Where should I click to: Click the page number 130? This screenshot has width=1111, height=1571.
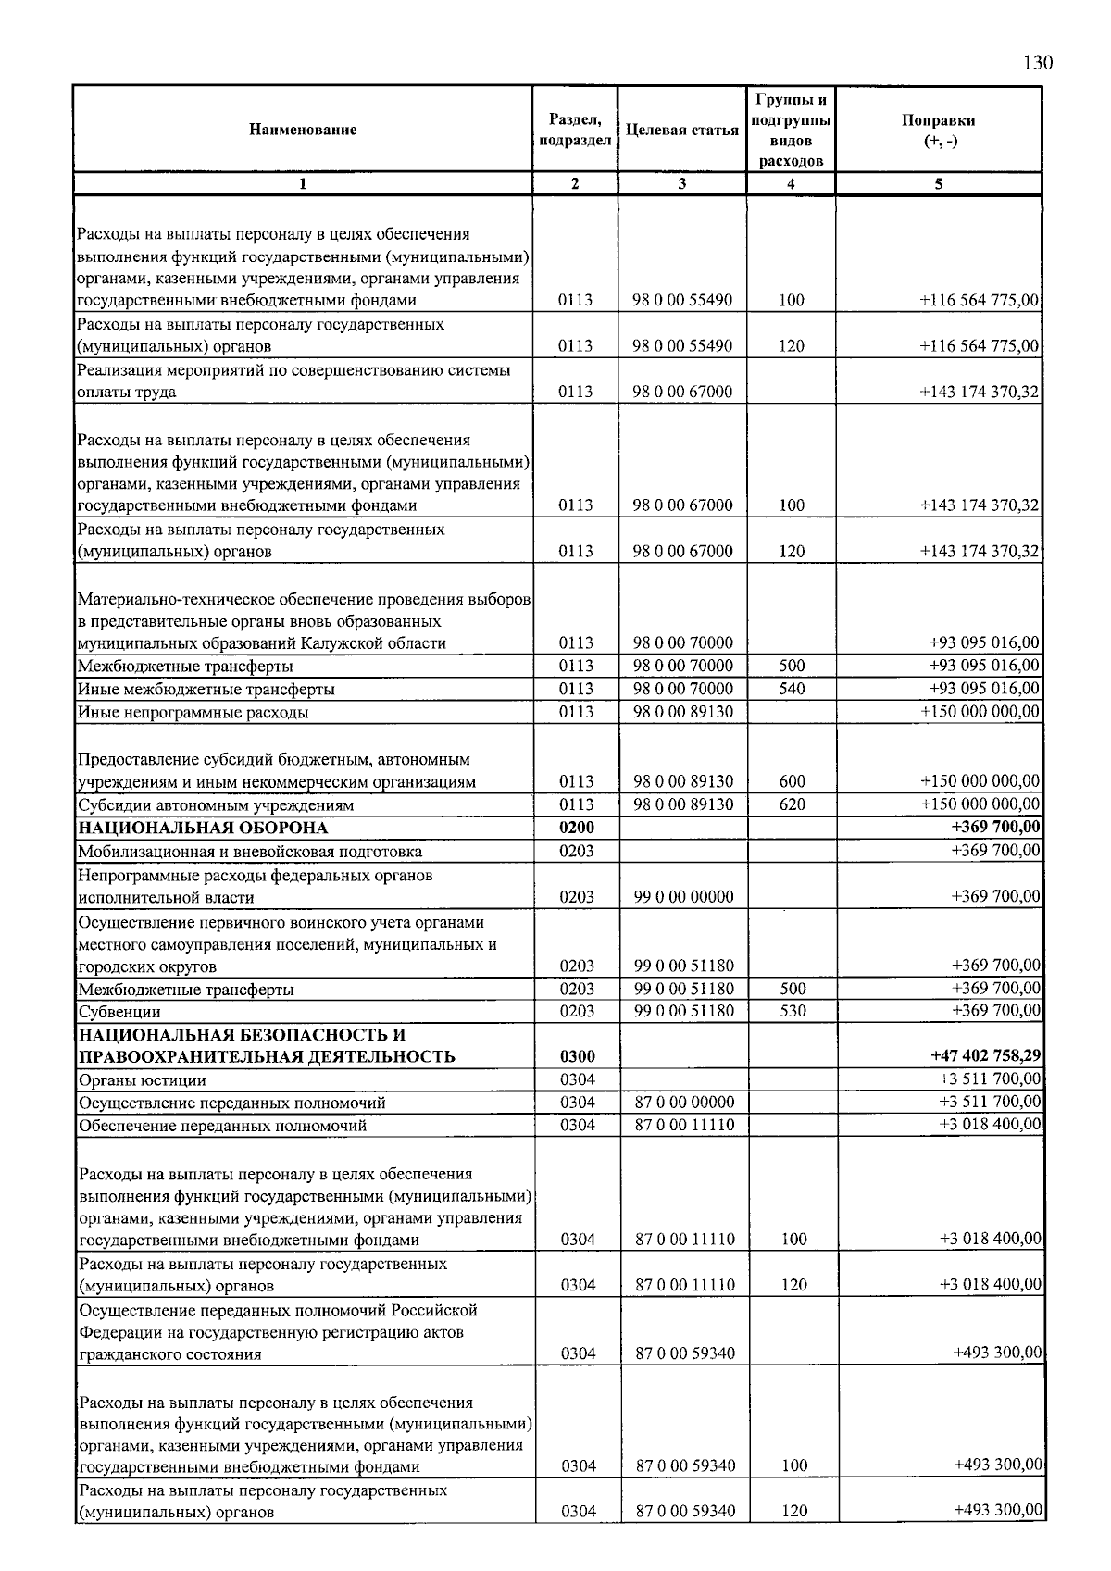point(1038,63)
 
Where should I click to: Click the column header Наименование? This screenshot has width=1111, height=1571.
point(303,131)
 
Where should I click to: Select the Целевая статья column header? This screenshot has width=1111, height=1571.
point(682,131)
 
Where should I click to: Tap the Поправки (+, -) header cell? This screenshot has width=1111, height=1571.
point(938,131)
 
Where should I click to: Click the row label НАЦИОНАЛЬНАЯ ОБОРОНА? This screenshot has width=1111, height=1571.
point(203,828)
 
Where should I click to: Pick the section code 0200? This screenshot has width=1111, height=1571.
point(576,828)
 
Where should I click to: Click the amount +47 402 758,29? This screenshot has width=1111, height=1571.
point(984,1055)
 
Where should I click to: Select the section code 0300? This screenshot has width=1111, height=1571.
point(577,1056)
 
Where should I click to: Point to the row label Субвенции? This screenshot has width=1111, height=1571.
point(119,1012)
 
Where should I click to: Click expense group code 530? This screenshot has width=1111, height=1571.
point(793,1012)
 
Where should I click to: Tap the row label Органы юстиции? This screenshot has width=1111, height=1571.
point(143,1079)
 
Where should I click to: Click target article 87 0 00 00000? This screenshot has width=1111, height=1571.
point(684,1103)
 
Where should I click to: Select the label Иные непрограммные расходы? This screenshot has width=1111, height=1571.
point(193,713)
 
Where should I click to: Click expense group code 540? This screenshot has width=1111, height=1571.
point(793,689)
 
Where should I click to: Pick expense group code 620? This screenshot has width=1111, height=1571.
point(793,804)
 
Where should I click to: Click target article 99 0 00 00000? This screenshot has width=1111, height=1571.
point(683,896)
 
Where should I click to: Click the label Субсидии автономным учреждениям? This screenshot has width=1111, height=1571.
point(216,804)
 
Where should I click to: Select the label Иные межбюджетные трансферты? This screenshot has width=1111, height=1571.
point(206,689)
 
